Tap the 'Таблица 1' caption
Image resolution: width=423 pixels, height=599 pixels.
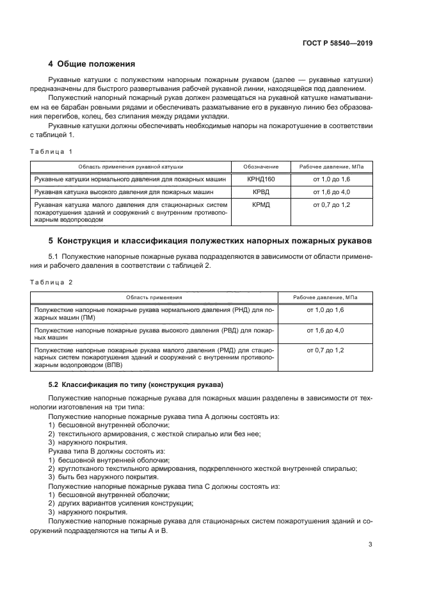tap(52, 151)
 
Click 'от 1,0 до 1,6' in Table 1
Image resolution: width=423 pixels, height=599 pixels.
tap(331, 179)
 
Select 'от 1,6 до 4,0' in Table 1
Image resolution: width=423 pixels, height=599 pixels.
tap(331, 192)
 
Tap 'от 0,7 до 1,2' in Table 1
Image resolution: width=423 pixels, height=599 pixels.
tap(331, 204)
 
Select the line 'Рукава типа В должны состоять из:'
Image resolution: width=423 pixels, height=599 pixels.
tap(106, 451)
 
